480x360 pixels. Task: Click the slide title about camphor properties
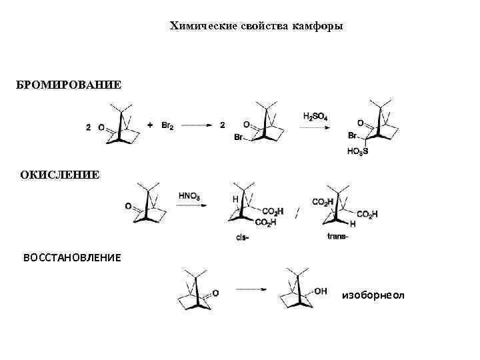point(257,26)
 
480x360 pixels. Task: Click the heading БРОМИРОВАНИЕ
point(69,85)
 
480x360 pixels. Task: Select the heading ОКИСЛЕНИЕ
point(60,175)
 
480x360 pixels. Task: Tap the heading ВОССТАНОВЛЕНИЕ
point(73,257)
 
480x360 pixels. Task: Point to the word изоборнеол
point(373,294)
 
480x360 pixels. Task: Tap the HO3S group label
point(357,151)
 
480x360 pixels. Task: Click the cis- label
point(243,237)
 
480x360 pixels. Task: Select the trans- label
point(338,236)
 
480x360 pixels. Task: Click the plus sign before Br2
point(150,125)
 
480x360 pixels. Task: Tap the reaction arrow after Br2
point(197,125)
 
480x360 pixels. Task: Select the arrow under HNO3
point(190,206)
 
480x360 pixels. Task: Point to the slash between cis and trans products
point(297,212)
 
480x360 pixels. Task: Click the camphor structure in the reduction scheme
point(195,290)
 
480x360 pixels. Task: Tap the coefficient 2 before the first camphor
point(89,126)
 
